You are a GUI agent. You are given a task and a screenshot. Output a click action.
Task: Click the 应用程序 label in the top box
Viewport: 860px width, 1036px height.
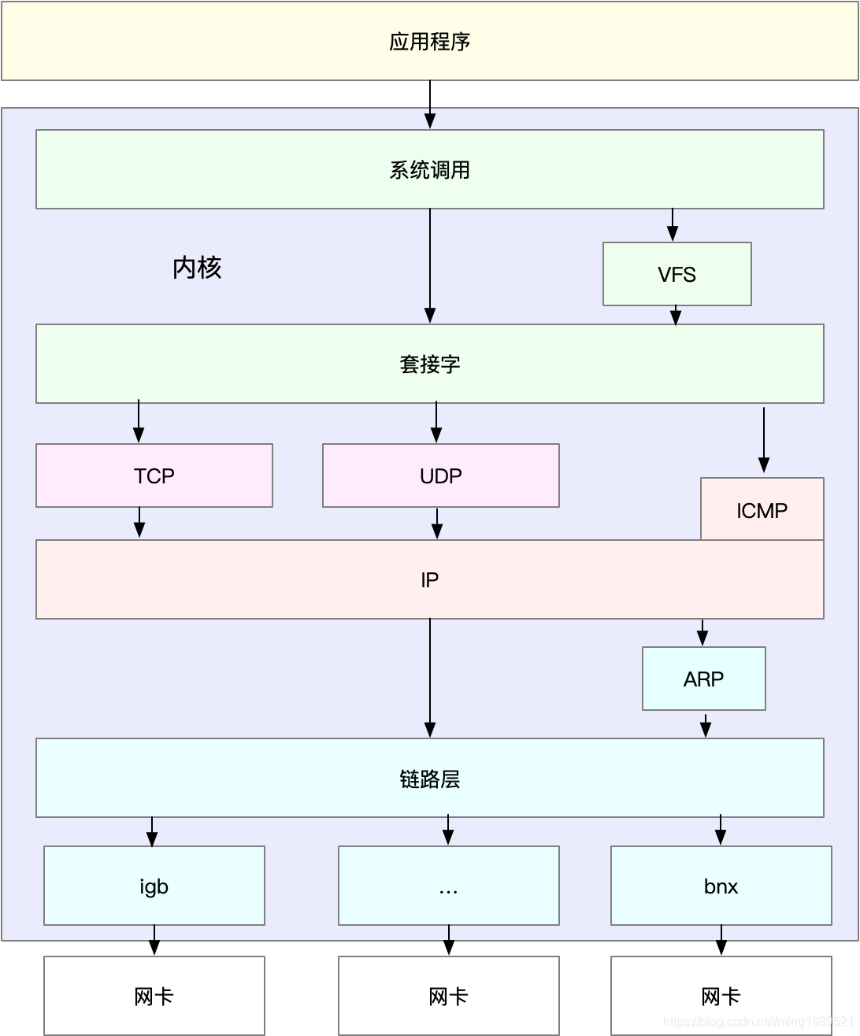(x=429, y=42)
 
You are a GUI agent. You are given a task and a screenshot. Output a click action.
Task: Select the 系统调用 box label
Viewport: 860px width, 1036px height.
(x=429, y=170)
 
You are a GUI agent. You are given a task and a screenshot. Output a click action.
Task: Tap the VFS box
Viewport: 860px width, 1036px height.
(x=677, y=274)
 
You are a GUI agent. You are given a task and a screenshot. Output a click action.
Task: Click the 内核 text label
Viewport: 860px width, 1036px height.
(x=197, y=268)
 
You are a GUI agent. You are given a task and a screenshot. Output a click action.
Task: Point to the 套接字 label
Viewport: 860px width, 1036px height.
(x=429, y=364)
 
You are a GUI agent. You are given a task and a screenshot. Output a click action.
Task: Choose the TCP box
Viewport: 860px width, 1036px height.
(x=154, y=475)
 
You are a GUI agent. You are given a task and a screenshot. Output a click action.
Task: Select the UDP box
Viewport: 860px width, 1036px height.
(x=440, y=475)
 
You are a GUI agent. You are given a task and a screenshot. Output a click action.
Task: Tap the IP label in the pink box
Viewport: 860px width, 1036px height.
(x=429, y=580)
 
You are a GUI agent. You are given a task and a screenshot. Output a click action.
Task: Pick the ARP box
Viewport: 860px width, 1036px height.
(x=703, y=679)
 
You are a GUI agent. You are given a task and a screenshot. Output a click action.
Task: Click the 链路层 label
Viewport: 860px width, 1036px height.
(x=429, y=779)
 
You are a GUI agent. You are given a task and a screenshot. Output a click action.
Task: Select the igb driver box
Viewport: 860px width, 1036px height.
(x=154, y=886)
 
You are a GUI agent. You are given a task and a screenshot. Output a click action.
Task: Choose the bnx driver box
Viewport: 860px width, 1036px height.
(x=721, y=886)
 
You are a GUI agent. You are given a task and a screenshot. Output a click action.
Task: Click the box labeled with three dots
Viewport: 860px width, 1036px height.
(x=448, y=886)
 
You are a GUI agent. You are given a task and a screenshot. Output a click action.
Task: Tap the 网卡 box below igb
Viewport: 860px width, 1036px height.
(x=154, y=996)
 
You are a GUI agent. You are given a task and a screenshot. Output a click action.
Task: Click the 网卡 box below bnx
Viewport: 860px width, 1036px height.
(x=721, y=996)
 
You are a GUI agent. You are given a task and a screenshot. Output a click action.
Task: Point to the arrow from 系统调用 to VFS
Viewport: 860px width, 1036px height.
(x=673, y=225)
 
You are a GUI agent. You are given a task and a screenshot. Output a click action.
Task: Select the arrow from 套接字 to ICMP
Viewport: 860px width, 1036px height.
(x=763, y=440)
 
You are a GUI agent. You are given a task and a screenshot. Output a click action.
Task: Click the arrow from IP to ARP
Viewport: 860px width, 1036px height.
(x=702, y=632)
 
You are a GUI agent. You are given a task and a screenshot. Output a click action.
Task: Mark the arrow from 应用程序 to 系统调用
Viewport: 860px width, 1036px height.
(x=430, y=104)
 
